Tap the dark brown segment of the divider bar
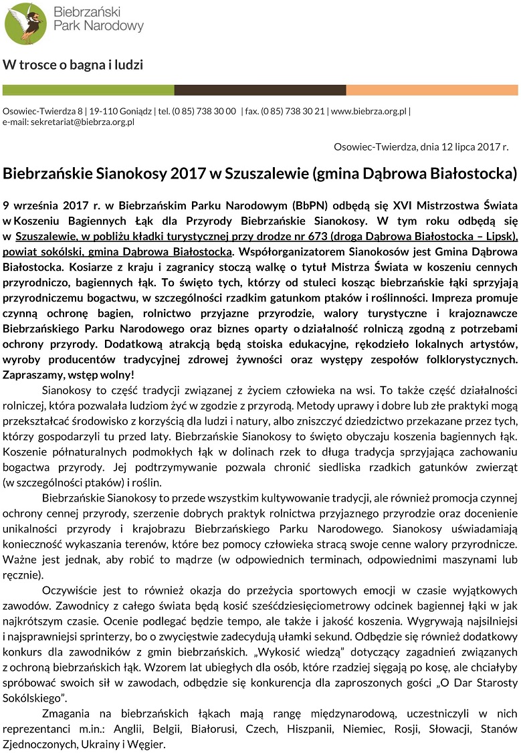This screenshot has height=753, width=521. tap(260, 90)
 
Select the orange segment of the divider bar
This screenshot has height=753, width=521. tap(432, 90)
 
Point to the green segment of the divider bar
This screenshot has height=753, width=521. tap(88, 90)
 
